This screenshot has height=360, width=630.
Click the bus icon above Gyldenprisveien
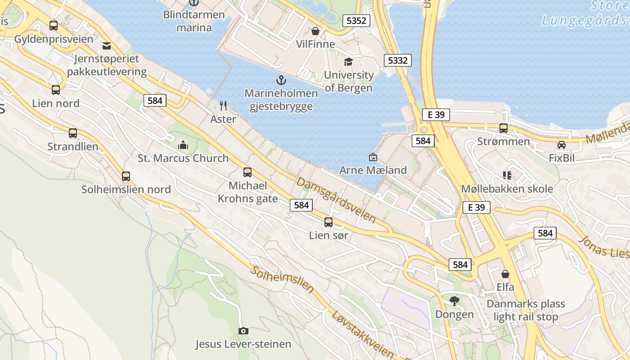(x=54, y=26)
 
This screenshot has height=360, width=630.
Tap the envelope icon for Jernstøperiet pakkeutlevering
(x=107, y=45)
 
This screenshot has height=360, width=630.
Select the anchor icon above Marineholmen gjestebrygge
(x=281, y=81)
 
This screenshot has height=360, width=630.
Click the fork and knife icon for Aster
(x=223, y=106)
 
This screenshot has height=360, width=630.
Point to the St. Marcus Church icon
(x=183, y=145)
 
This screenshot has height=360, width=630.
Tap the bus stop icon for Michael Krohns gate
(x=247, y=172)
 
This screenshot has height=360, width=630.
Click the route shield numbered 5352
(x=356, y=20)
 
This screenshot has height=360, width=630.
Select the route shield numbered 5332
(x=398, y=60)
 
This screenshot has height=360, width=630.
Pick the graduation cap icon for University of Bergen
(x=348, y=62)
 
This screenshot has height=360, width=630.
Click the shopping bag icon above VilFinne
(x=315, y=31)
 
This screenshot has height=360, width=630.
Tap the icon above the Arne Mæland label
(x=373, y=157)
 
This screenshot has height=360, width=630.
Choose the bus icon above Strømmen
(x=504, y=128)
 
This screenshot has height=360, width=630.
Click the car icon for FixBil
(x=562, y=145)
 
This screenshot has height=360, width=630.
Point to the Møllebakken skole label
(x=507, y=189)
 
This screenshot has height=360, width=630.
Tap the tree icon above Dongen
(x=454, y=301)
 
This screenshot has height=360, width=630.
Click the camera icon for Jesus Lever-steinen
(x=243, y=331)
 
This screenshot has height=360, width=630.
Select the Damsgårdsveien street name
(x=336, y=200)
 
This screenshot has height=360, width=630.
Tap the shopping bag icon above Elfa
(x=505, y=274)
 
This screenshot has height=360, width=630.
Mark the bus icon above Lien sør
(x=328, y=222)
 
